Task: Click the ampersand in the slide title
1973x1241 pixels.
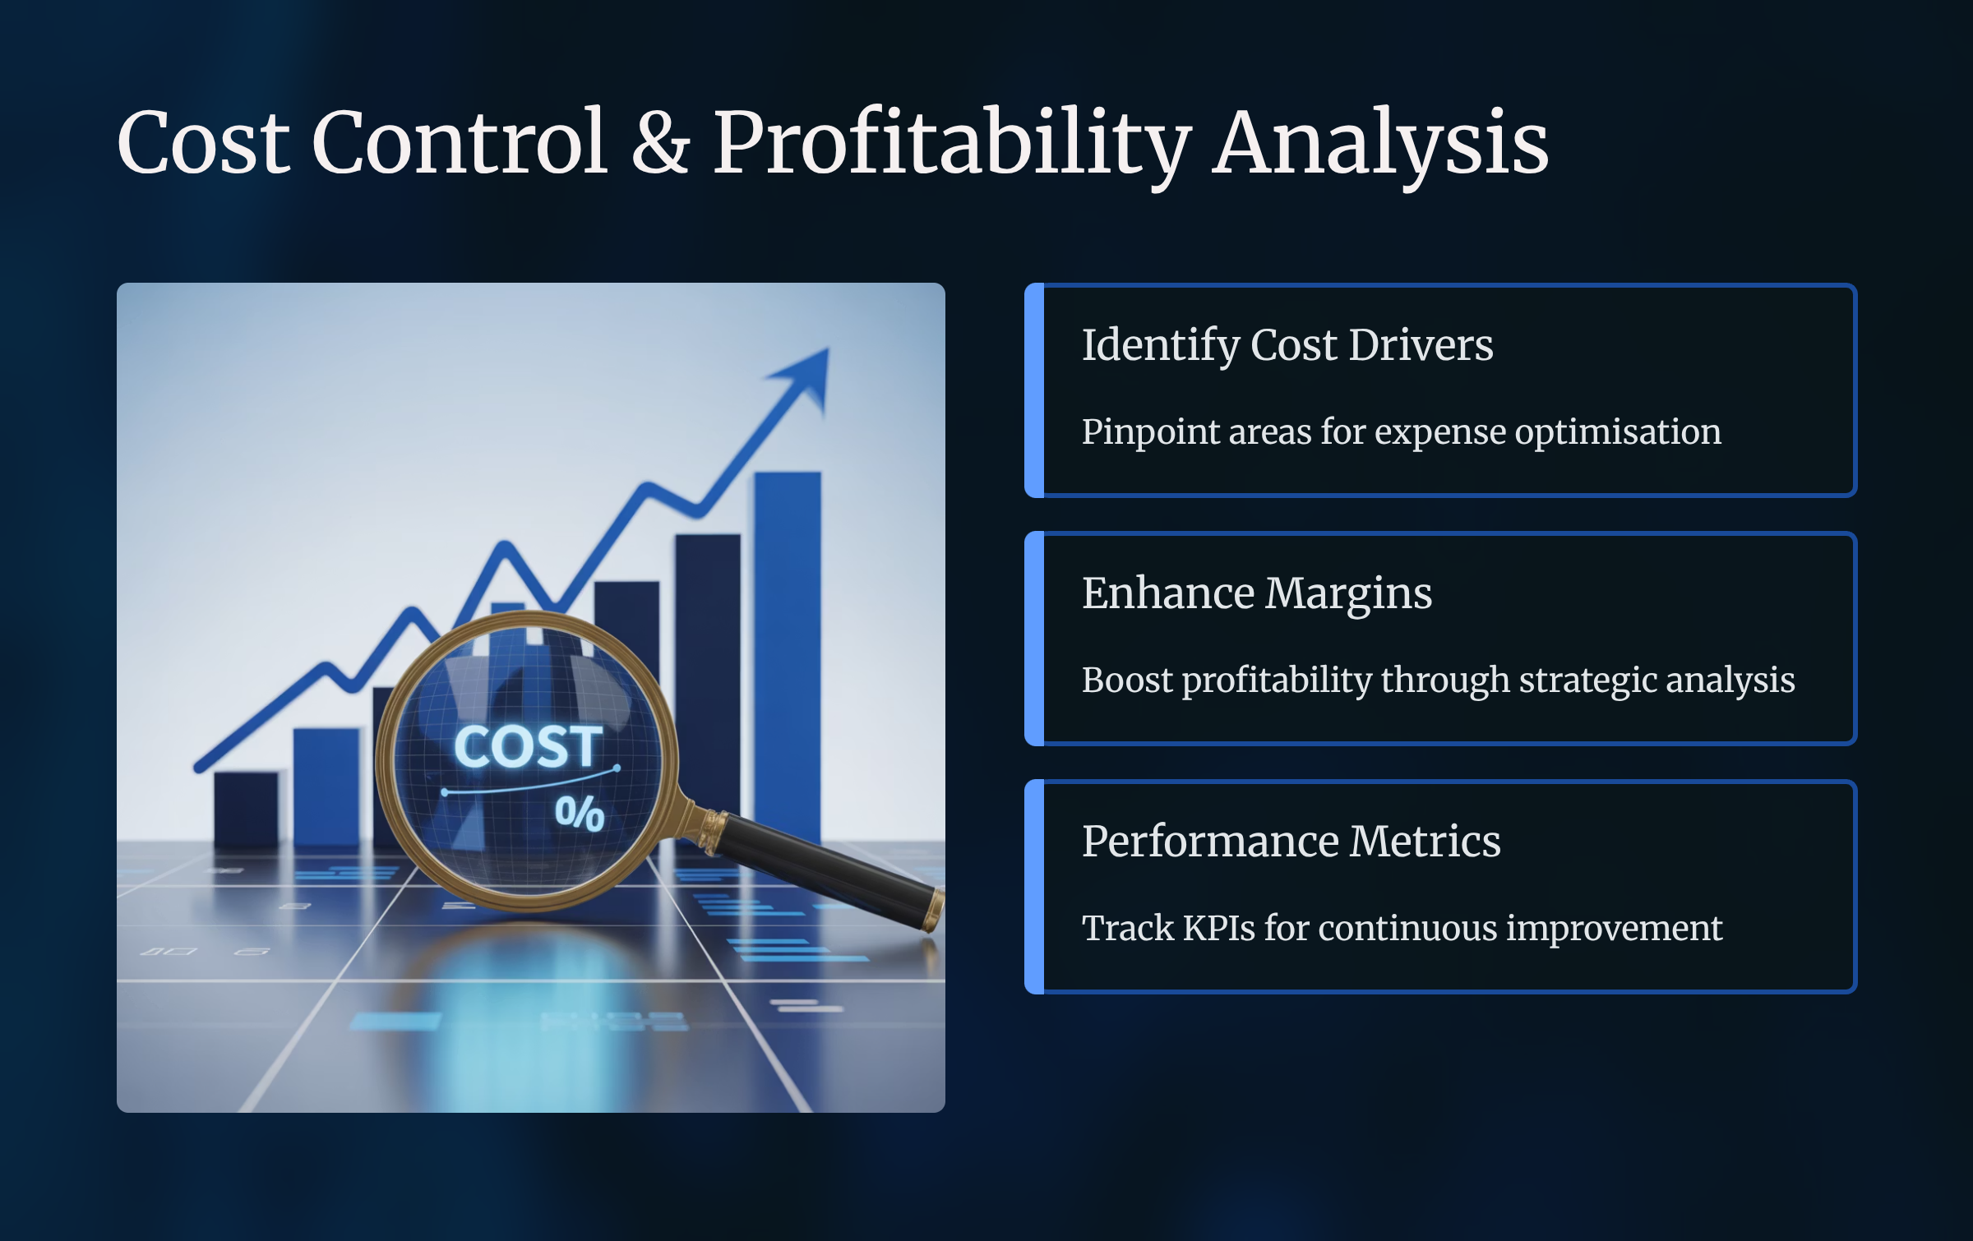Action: [660, 142]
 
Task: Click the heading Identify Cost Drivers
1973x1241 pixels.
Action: [1287, 344]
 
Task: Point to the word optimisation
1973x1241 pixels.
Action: [1618, 432]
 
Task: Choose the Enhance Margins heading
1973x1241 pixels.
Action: [1257, 593]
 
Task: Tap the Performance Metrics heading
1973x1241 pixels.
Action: [1291, 841]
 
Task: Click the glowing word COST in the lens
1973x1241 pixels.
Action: [528, 746]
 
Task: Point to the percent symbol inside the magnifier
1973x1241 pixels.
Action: [580, 814]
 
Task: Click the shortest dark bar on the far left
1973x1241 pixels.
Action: [246, 809]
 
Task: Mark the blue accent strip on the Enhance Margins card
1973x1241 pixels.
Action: [1034, 639]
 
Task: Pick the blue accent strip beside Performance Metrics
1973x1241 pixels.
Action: [1034, 887]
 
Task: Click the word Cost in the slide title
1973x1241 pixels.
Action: [204, 142]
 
